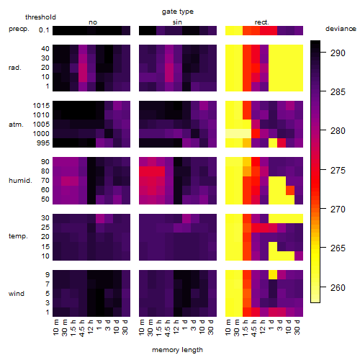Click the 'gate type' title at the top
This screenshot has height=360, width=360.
pos(178,12)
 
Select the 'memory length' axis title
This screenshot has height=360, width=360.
pos(177,350)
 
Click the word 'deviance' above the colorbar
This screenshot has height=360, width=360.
pos(341,29)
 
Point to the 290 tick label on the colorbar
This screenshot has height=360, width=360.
pos(338,53)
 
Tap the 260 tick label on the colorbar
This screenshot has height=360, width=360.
pos(338,287)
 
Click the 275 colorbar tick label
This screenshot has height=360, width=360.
pos(338,170)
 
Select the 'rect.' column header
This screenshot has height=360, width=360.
pos(261,22)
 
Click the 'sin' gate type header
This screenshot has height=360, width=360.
pos(177,22)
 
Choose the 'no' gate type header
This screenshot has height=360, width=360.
pos(93,22)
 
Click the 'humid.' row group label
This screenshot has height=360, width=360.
pos(20,181)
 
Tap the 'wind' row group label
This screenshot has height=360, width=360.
pos(17,294)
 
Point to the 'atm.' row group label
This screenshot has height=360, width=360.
pos(16,125)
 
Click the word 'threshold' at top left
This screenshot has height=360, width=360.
pos(40,17)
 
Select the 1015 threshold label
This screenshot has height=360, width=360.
pos(41,106)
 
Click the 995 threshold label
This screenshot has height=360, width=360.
pos(43,143)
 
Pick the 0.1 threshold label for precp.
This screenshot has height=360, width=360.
pos(44,30)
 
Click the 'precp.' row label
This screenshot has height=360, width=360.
pos(19,29)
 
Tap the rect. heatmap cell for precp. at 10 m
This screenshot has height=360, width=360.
pos(230,30)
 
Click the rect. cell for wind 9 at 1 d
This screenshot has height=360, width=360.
pos(273,275)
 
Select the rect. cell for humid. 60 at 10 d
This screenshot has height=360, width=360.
pos(290,190)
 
